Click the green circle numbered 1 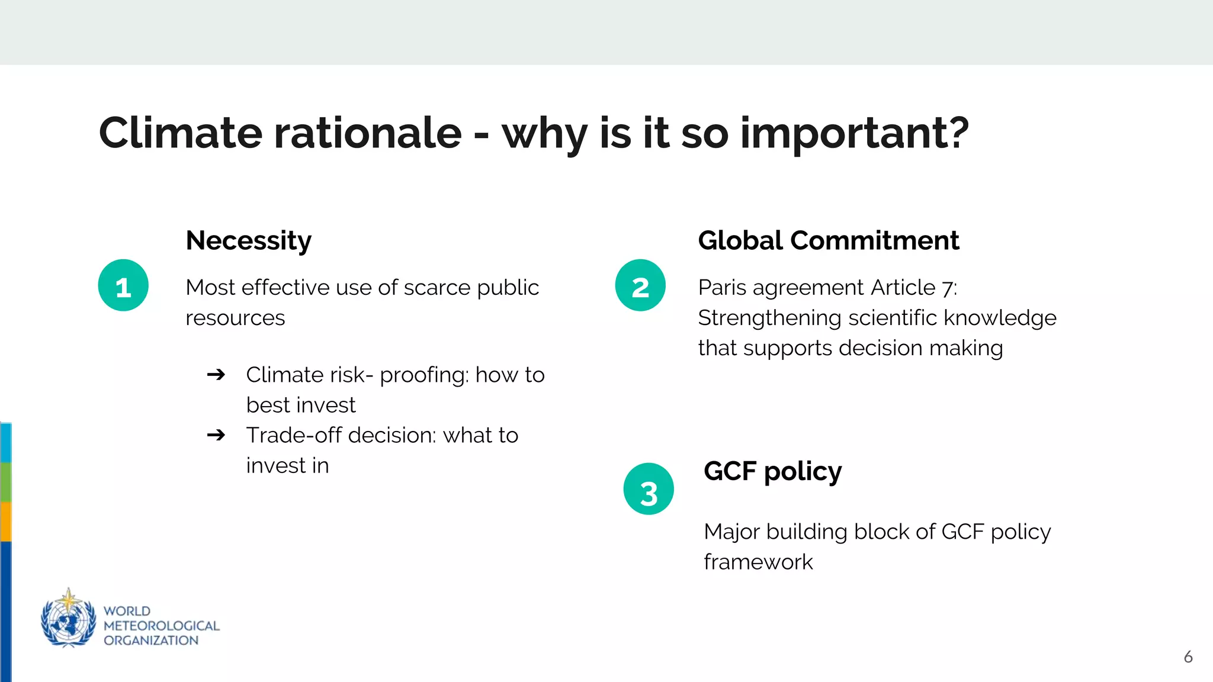pyautogui.click(x=123, y=285)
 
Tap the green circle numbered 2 pyautogui.click(x=640, y=285)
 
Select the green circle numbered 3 pyautogui.click(x=649, y=489)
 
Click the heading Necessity pyautogui.click(x=248, y=241)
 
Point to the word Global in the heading pyautogui.click(x=740, y=241)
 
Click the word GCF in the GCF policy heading pyautogui.click(x=730, y=472)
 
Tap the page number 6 pyautogui.click(x=1188, y=657)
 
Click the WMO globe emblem pyautogui.click(x=68, y=619)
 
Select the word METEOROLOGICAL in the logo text pyautogui.click(x=161, y=626)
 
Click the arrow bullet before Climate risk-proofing pyautogui.click(x=216, y=375)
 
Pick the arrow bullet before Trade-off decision pyautogui.click(x=216, y=435)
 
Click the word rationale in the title pyautogui.click(x=367, y=133)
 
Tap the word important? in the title pyautogui.click(x=854, y=134)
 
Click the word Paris pyautogui.click(x=722, y=288)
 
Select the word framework pyautogui.click(x=758, y=562)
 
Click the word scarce pyautogui.click(x=437, y=288)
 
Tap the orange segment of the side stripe pyautogui.click(x=5, y=522)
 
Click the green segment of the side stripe pyautogui.click(x=5, y=482)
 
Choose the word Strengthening pyautogui.click(x=769, y=319)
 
